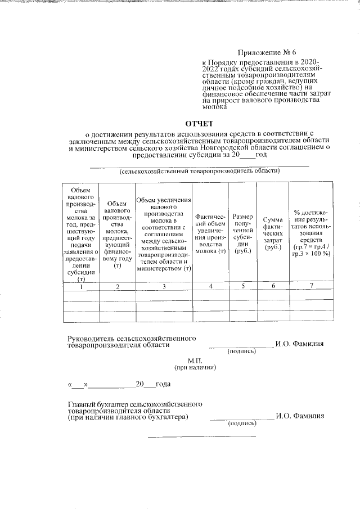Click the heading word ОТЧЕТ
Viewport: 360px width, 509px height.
pyautogui.click(x=200, y=123)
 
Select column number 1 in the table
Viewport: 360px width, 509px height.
pyautogui.click(x=81, y=287)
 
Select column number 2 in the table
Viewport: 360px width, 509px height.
pyautogui.click(x=117, y=287)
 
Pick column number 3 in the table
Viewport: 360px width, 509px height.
pyautogui.click(x=164, y=287)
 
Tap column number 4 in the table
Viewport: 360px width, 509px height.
pyautogui.click(x=211, y=287)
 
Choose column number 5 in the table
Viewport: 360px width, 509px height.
pyautogui.click(x=242, y=287)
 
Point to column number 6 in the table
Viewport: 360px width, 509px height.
pyautogui.click(x=272, y=287)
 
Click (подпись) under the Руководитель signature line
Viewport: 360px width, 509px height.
pyautogui.click(x=241, y=352)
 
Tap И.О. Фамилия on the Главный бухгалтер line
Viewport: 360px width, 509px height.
pyautogui.click(x=299, y=416)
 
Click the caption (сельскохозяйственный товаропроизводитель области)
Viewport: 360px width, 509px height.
pyautogui.click(x=200, y=170)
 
